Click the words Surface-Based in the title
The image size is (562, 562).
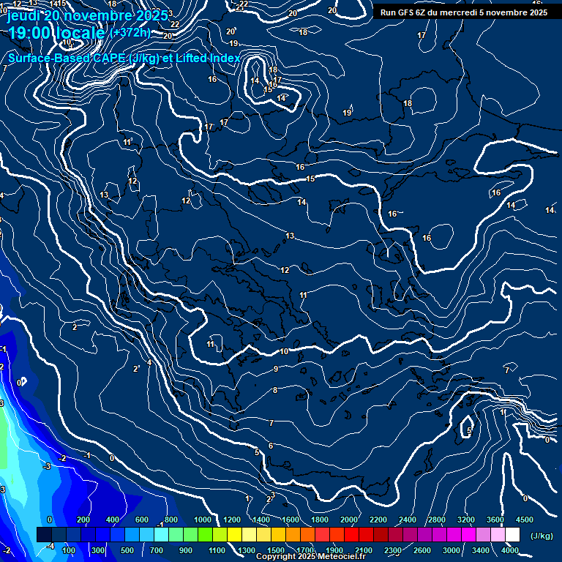(48, 59)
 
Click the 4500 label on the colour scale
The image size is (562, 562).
(524, 520)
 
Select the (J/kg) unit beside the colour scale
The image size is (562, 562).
(542, 536)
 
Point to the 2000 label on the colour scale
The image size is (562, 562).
(348, 520)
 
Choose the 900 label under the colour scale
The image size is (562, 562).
(186, 550)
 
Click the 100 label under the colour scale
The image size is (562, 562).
(70, 550)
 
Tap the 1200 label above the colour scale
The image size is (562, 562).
(232, 520)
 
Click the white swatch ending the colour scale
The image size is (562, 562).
(512, 535)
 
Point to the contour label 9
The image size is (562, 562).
(276, 369)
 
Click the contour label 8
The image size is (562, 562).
(275, 390)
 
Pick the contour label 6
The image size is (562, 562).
(271, 446)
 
